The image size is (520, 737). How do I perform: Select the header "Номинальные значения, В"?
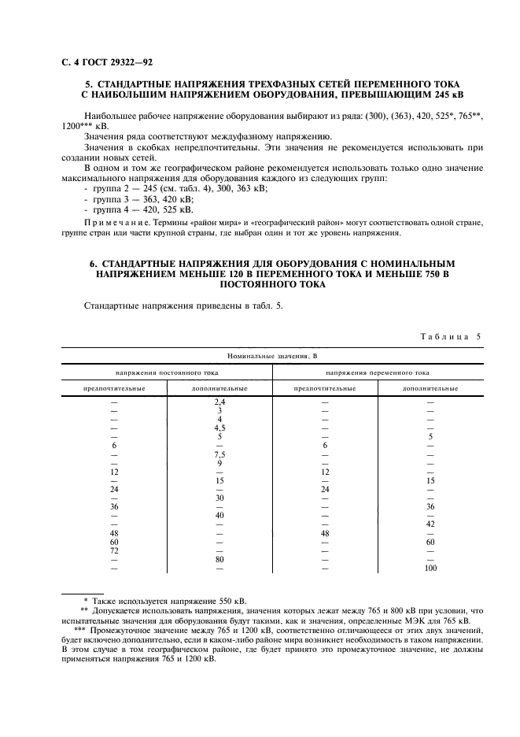point(271,357)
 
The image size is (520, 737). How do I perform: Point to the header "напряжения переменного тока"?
point(377,372)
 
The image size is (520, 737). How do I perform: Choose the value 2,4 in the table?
point(220,402)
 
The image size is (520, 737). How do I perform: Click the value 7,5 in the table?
point(220,454)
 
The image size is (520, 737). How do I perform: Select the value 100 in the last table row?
point(430,568)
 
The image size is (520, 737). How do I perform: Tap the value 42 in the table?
point(430,524)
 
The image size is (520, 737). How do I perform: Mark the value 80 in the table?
point(220,559)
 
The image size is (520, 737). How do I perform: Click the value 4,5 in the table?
point(220,428)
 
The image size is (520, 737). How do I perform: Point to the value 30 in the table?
point(220,498)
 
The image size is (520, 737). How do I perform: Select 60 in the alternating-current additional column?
point(430,542)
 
